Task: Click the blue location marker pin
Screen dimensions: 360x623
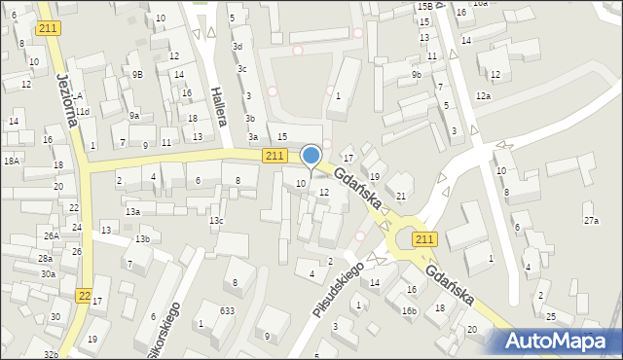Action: pos(311,156)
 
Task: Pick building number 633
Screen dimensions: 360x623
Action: pos(227,310)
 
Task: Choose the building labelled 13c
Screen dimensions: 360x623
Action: pos(216,221)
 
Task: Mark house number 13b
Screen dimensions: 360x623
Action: pos(142,239)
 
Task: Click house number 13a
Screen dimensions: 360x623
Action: pos(132,211)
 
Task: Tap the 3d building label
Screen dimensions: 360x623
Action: pos(238,47)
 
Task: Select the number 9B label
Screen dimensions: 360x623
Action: pos(137,74)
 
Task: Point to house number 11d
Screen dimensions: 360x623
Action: pos(84,112)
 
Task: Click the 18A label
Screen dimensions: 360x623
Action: pos(12,161)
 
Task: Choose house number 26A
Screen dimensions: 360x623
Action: pos(51,235)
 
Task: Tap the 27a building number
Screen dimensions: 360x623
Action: pos(591,221)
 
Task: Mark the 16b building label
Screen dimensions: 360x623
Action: pos(409,311)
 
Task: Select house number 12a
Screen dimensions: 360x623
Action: pos(483,96)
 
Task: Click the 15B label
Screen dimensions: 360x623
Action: pos(423,7)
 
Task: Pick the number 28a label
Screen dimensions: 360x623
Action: pos(46,258)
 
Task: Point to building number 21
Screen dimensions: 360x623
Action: pos(400,197)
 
